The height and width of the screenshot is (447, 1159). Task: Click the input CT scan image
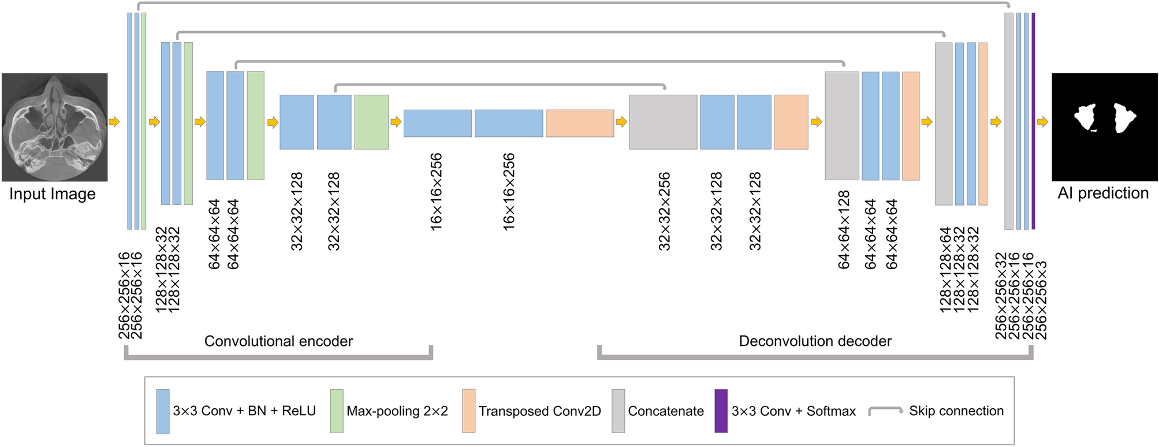[54, 127]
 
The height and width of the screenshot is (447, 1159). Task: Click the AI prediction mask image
[1104, 127]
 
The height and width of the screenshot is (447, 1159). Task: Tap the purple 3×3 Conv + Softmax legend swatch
[721, 411]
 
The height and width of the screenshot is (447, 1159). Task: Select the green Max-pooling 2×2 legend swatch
[336, 411]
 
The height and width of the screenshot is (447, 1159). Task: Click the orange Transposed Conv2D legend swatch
[468, 411]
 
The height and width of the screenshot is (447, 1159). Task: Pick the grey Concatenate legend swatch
[618, 411]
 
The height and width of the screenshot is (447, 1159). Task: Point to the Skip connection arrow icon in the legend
[886, 411]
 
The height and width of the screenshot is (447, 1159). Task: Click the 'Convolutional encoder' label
[278, 341]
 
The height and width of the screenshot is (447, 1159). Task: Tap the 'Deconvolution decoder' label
[815, 341]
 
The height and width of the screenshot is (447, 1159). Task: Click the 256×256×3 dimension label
[1042, 300]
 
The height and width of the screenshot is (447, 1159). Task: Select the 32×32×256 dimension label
[665, 211]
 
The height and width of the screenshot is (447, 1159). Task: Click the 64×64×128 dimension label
[844, 230]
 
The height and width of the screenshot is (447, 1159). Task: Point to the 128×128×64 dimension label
[945, 270]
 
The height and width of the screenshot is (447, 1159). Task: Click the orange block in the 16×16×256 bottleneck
[579, 123]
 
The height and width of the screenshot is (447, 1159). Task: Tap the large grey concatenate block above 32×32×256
[662, 122]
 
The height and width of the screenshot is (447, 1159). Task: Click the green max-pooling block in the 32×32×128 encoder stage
[371, 122]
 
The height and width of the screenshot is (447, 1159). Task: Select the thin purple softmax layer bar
[1033, 121]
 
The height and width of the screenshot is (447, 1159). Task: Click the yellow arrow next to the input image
[114, 122]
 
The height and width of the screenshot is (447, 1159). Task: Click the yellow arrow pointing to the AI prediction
[1042, 122]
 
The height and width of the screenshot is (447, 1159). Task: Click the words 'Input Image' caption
[52, 194]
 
